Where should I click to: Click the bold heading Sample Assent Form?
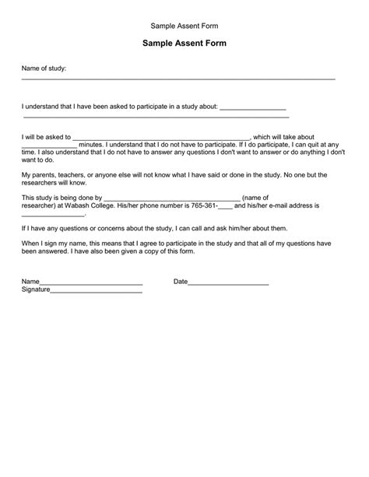(x=184, y=44)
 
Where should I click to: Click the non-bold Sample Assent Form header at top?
(x=184, y=25)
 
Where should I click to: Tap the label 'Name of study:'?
(x=44, y=69)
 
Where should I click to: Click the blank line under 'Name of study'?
(x=177, y=79)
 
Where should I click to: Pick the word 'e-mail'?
(x=299, y=206)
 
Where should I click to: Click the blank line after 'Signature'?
(x=97, y=293)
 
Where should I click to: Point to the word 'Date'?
(x=181, y=282)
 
